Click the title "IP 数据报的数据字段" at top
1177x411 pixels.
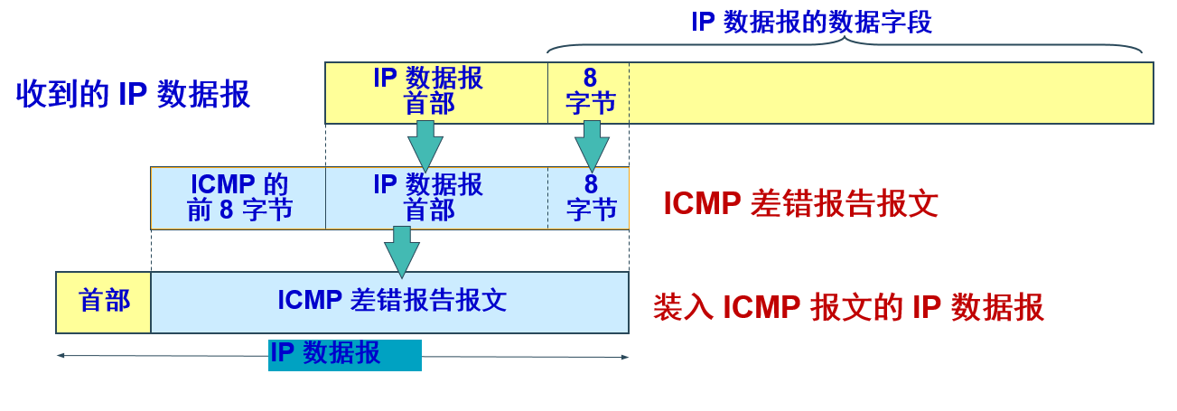click(x=811, y=22)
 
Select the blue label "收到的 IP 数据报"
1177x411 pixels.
click(x=133, y=94)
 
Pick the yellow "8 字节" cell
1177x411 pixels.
click(x=589, y=92)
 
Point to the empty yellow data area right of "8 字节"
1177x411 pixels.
click(x=890, y=92)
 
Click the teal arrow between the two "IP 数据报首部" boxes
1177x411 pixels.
click(x=425, y=145)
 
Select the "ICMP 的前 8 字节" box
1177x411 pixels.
click(x=238, y=198)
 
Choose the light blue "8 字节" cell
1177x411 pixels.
click(x=589, y=198)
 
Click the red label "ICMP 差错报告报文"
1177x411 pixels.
click(x=800, y=204)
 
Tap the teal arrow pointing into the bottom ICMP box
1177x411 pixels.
click(x=402, y=251)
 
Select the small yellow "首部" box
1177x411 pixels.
click(x=104, y=302)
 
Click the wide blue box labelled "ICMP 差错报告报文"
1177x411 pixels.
click(x=390, y=302)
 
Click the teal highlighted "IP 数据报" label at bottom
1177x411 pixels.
click(x=344, y=354)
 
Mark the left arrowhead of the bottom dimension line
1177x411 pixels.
click(x=61, y=355)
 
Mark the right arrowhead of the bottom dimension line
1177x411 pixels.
click(x=624, y=357)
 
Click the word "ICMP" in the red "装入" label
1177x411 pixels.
click(x=761, y=308)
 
